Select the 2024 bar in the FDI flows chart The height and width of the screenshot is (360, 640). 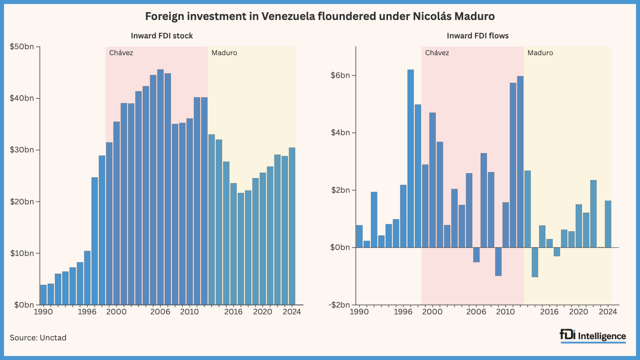608,224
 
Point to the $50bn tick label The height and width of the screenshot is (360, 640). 22,47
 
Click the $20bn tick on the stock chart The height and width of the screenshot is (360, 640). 22,202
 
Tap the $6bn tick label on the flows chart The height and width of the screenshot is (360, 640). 340,76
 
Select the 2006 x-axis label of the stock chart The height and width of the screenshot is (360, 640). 160,312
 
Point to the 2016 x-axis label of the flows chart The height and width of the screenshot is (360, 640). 549,312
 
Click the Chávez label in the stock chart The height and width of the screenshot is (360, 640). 121,53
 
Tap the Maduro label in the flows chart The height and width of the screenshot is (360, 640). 540,53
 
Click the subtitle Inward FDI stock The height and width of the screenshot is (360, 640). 162,36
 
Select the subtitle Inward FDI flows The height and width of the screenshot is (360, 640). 478,36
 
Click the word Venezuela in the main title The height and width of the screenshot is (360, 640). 288,16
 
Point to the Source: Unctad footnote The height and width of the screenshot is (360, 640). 38,338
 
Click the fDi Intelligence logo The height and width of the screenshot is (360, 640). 593,336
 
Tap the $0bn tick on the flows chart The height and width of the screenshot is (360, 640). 340,248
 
